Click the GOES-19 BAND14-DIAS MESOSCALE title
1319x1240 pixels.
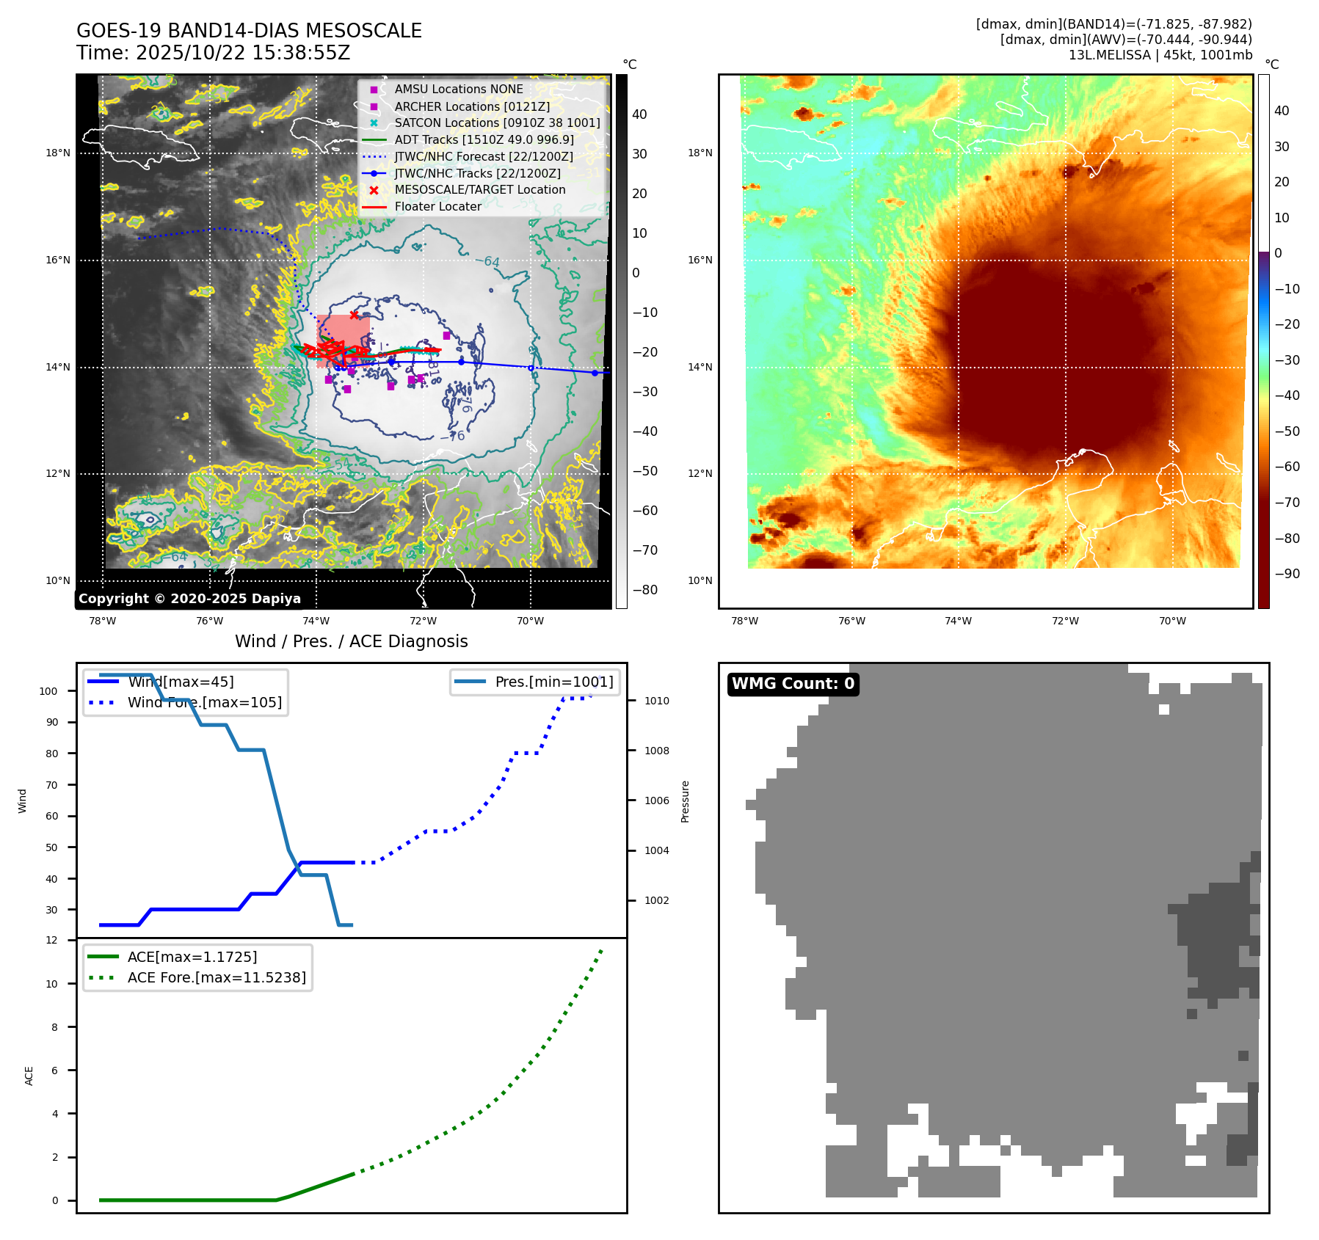249,31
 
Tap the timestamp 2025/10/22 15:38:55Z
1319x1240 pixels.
242,54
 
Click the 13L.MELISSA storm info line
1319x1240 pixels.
1160,55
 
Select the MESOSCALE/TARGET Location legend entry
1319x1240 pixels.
479,190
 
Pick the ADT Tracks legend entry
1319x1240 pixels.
484,139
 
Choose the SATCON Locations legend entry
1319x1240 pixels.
497,123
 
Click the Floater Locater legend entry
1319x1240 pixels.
437,207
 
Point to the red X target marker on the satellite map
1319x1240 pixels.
354,315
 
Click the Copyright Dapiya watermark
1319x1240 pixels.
189,599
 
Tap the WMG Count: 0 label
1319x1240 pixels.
793,684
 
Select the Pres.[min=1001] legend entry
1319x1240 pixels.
553,682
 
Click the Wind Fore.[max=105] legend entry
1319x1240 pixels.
204,702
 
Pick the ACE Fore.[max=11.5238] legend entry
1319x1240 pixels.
216,977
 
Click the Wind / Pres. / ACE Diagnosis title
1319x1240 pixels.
351,641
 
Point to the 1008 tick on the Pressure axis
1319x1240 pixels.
656,751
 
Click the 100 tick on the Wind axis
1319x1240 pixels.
48,691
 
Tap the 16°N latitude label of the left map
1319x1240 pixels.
58,260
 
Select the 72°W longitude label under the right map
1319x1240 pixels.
1065,621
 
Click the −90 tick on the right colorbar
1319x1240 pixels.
1287,574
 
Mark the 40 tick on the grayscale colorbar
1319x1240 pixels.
639,114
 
